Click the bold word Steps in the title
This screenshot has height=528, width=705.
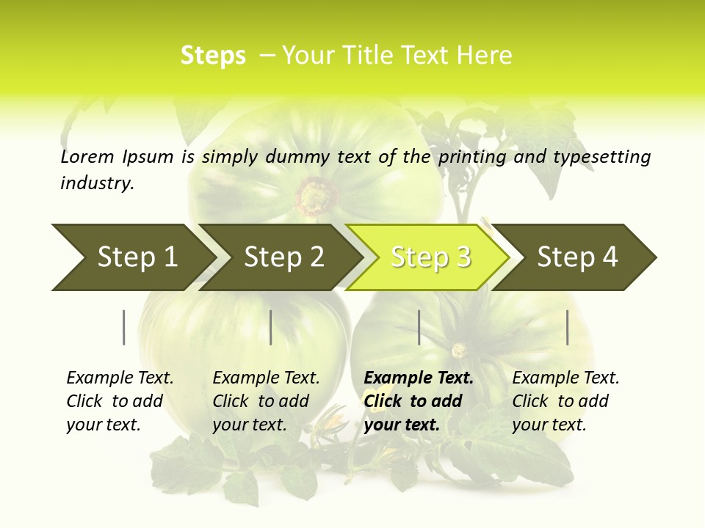click(x=213, y=56)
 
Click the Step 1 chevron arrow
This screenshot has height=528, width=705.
click(x=132, y=257)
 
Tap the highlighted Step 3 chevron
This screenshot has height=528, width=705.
click(x=430, y=257)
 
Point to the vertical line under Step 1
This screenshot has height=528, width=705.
click(x=124, y=327)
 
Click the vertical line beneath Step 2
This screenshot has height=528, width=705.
click(x=271, y=327)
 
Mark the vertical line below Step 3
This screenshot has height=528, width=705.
click(x=419, y=327)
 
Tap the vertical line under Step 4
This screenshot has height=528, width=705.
click(x=567, y=327)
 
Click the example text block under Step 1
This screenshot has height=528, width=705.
click(x=120, y=401)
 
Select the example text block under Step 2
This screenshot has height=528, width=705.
click(x=266, y=401)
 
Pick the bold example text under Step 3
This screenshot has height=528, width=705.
click(x=419, y=401)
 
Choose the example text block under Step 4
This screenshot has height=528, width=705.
click(x=565, y=401)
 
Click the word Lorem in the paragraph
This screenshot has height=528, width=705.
click(x=87, y=157)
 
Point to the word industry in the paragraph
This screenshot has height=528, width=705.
click(x=97, y=183)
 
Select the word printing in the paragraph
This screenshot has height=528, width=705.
click(x=466, y=157)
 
